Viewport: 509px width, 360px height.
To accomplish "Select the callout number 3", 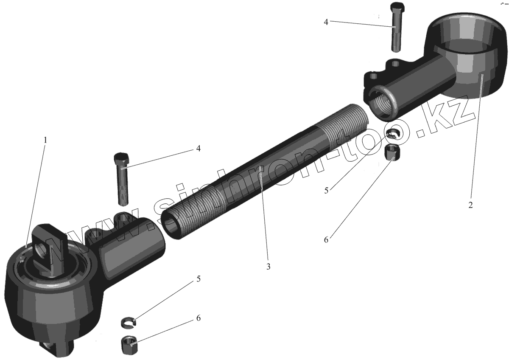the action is (268, 267).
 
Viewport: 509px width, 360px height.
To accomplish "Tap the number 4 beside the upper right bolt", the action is (326, 22).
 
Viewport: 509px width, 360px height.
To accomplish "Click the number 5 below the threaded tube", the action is (326, 190).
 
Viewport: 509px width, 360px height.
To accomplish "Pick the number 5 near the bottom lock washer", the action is (198, 279).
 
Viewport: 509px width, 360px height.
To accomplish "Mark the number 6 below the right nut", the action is (326, 240).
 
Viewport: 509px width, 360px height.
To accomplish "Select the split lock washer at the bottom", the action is (128, 323).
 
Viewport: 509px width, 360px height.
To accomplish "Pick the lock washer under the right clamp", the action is (394, 133).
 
